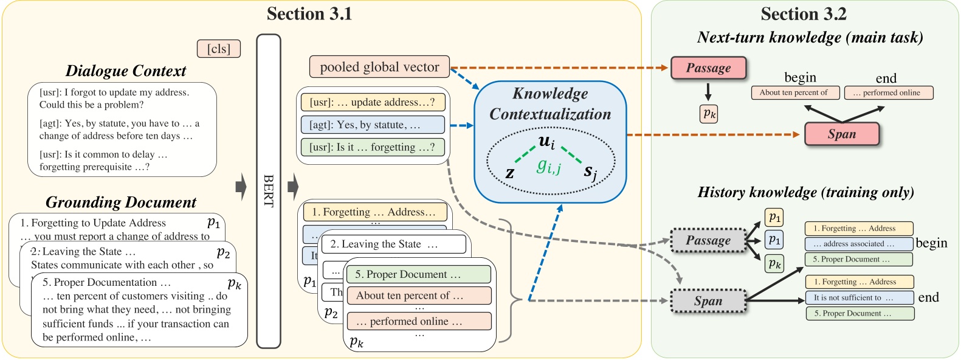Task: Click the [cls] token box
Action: [x=219, y=49]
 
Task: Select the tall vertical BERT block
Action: [x=269, y=191]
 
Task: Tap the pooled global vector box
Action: [x=379, y=67]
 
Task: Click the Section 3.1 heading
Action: [x=309, y=13]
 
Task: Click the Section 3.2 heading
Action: [x=804, y=13]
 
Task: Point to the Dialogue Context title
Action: [x=126, y=71]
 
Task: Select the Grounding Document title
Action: [x=121, y=202]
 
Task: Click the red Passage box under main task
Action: [x=708, y=68]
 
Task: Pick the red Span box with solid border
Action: [x=841, y=134]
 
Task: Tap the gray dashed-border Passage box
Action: [x=708, y=240]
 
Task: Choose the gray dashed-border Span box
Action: [x=708, y=301]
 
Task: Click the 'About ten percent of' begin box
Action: [x=795, y=92]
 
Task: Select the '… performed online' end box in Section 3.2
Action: [x=888, y=92]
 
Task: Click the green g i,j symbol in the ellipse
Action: [x=548, y=165]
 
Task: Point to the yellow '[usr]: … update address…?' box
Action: [x=373, y=102]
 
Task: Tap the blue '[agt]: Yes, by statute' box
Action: [x=373, y=125]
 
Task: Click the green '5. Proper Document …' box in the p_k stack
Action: [x=419, y=274]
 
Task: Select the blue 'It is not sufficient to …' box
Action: [x=859, y=297]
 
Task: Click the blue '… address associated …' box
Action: [x=858, y=244]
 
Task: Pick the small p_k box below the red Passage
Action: [x=709, y=114]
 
